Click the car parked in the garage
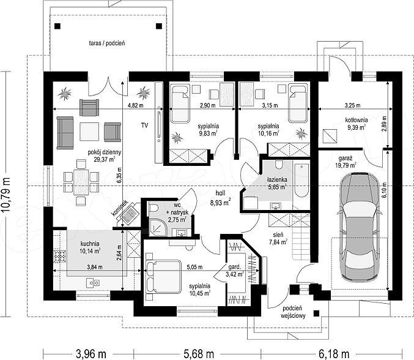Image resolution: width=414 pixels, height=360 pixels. point(360,227)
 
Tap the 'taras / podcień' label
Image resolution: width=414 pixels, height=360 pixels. point(107,43)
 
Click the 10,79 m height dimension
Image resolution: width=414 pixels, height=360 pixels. point(6,194)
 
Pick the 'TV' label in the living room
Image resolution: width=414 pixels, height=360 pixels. point(144,126)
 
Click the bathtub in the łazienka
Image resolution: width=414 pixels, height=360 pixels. point(301,180)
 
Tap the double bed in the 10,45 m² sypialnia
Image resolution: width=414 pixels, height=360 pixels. point(163,277)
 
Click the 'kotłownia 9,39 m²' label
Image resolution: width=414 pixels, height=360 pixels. point(356,124)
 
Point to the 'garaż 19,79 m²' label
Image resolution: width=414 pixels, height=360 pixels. point(347,162)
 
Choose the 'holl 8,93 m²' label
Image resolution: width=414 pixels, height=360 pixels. point(221,198)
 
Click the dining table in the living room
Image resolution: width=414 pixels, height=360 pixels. point(81,182)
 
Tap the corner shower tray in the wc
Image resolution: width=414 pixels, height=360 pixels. point(158,227)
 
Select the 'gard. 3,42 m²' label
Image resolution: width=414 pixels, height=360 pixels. point(235,271)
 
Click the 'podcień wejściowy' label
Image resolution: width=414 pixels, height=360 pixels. point(293,312)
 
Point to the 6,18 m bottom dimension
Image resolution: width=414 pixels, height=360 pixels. point(334,354)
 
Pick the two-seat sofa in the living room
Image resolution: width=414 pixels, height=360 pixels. point(65,132)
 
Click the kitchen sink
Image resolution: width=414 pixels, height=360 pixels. point(93,283)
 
